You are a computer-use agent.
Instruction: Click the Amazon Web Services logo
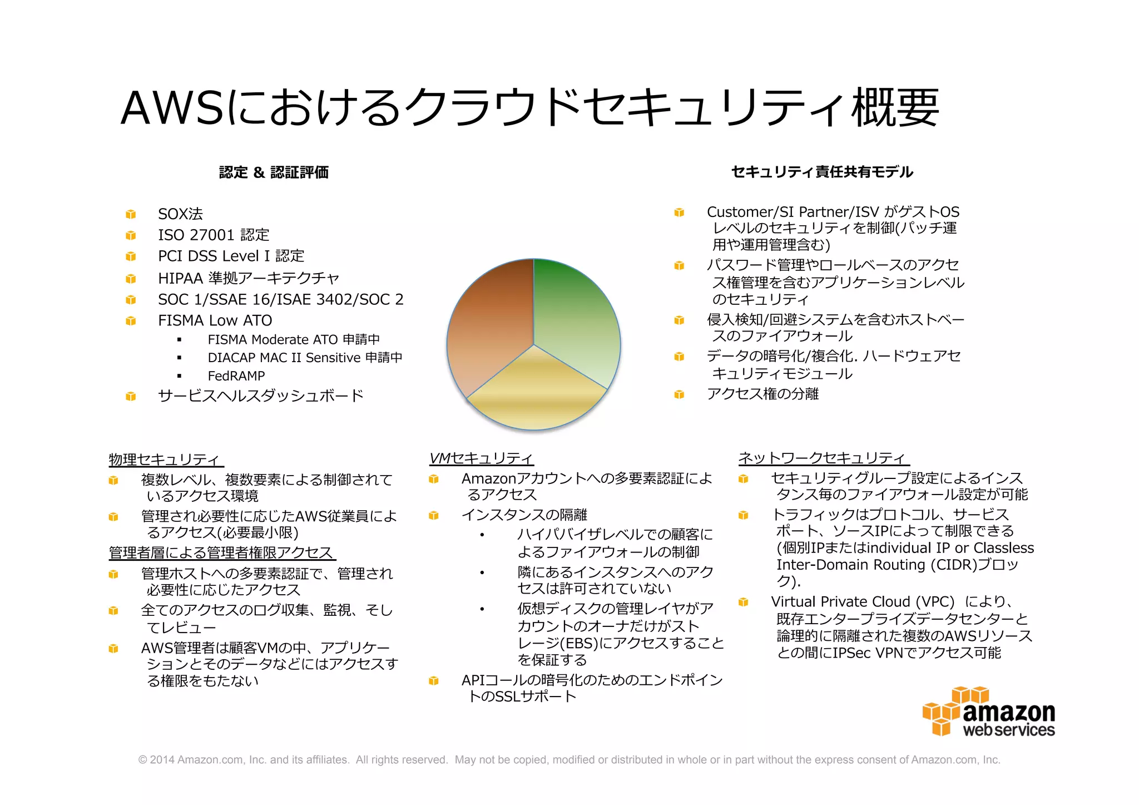point(989,713)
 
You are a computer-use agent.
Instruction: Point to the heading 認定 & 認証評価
point(274,172)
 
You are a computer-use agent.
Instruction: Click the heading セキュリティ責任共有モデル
point(822,172)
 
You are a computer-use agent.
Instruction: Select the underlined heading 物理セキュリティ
point(165,460)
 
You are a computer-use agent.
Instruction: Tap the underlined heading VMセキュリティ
point(481,458)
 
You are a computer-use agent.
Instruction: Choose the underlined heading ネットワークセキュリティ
point(823,458)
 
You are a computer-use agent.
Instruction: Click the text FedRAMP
point(236,376)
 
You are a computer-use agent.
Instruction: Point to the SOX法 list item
point(180,214)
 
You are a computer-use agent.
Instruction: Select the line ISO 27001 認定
point(214,235)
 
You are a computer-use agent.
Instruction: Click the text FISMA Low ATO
point(215,320)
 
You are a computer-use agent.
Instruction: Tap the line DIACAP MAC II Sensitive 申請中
point(305,358)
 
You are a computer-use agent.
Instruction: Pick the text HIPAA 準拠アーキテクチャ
point(248,278)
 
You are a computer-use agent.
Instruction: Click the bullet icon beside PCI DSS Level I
point(131,256)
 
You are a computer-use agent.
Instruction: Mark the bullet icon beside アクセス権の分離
point(679,394)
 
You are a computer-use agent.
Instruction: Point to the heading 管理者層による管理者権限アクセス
point(221,553)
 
